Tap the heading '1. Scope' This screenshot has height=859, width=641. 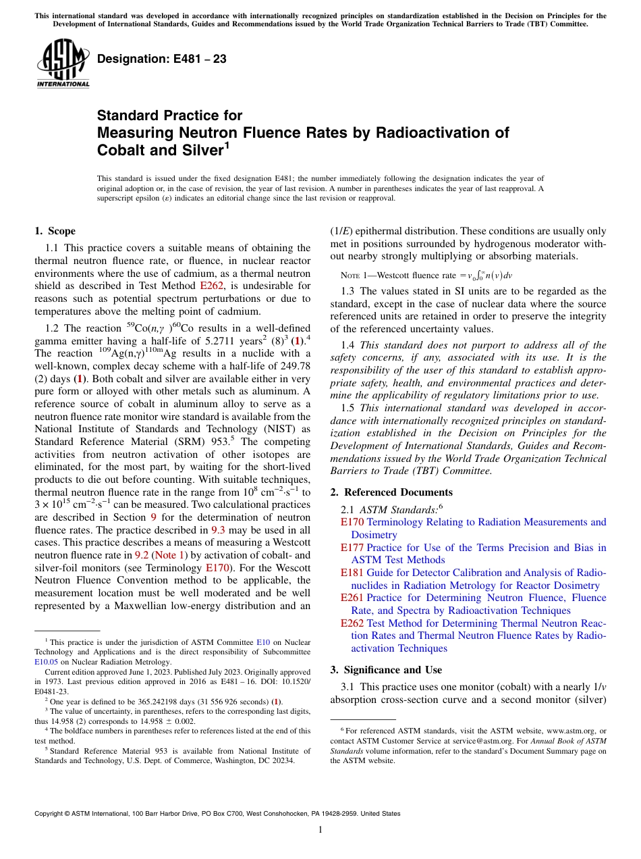(x=55, y=231)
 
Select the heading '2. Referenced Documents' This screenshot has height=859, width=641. (x=391, y=492)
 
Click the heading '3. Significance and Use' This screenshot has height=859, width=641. (x=386, y=669)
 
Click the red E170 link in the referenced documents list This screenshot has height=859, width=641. (x=352, y=522)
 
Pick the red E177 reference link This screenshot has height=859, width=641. (x=352, y=548)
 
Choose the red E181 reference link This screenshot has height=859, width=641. (x=352, y=573)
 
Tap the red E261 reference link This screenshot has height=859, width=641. (x=352, y=598)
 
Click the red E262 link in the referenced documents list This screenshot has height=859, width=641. (x=352, y=623)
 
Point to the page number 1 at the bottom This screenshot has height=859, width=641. (x=320, y=830)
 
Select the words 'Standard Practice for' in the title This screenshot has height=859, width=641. (x=169, y=115)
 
